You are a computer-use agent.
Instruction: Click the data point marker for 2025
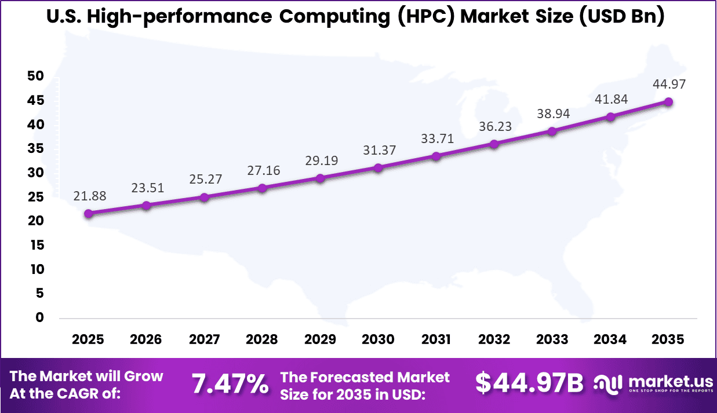tap(88, 214)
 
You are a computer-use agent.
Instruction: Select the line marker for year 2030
tap(378, 168)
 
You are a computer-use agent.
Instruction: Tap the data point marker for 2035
tap(668, 102)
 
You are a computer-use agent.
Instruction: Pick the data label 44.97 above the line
tap(668, 85)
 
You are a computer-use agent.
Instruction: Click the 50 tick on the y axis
tap(35, 76)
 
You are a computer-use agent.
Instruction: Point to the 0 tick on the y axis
tap(39, 317)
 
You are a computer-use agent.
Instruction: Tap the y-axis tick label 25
tap(35, 197)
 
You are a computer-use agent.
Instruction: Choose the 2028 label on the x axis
tap(262, 339)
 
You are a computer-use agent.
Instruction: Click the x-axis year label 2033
tap(552, 339)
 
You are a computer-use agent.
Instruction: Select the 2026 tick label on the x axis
tap(146, 339)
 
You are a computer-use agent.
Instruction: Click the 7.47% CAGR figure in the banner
tap(230, 384)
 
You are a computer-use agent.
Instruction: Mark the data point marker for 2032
tap(494, 144)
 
